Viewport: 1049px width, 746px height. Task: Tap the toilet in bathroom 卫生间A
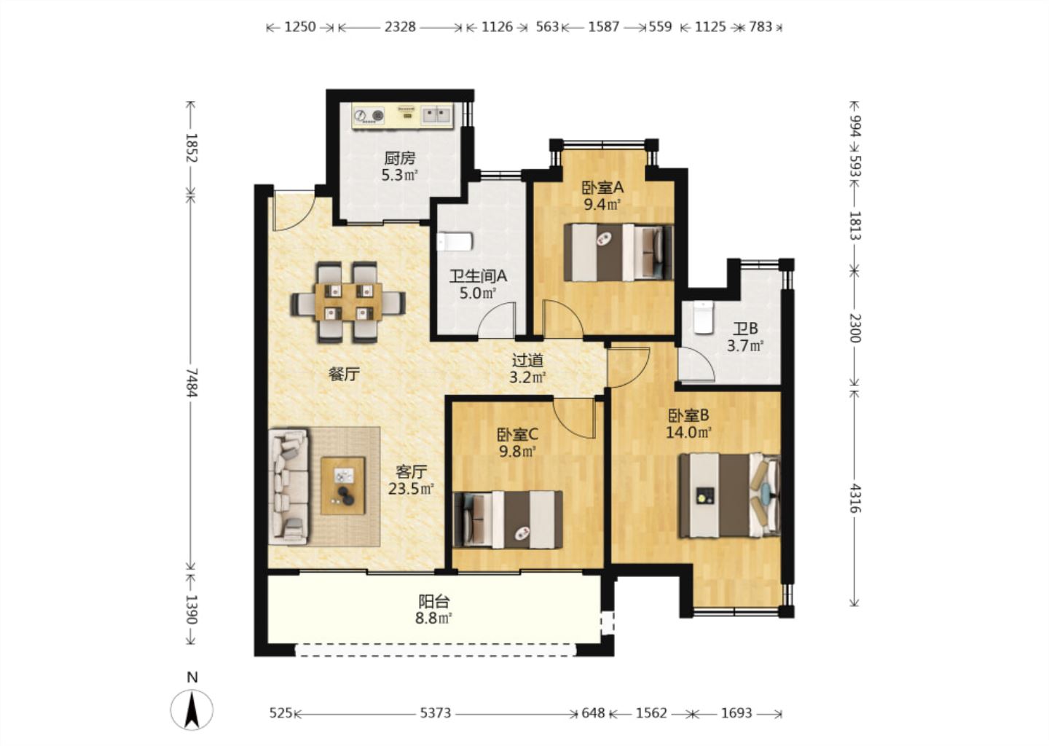tap(455, 241)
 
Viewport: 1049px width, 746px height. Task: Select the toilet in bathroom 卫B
tap(703, 317)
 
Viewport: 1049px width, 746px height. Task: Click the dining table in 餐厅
tap(348, 302)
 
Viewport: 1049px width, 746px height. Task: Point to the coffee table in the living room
tap(343, 486)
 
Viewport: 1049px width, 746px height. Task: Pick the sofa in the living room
tap(288, 487)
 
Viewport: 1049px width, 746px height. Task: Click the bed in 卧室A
tap(618, 252)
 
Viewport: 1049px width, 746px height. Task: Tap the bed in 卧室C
tap(508, 519)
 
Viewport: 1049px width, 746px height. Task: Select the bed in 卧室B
tap(730, 495)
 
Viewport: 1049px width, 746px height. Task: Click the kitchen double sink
tap(436, 114)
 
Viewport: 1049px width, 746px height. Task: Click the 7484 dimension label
tap(191, 382)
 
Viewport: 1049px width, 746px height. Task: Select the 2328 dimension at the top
tap(400, 27)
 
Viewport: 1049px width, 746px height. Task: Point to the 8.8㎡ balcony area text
tap(433, 619)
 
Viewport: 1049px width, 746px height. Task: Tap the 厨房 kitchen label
tap(399, 158)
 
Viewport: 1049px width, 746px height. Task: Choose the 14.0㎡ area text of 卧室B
tap(688, 432)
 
